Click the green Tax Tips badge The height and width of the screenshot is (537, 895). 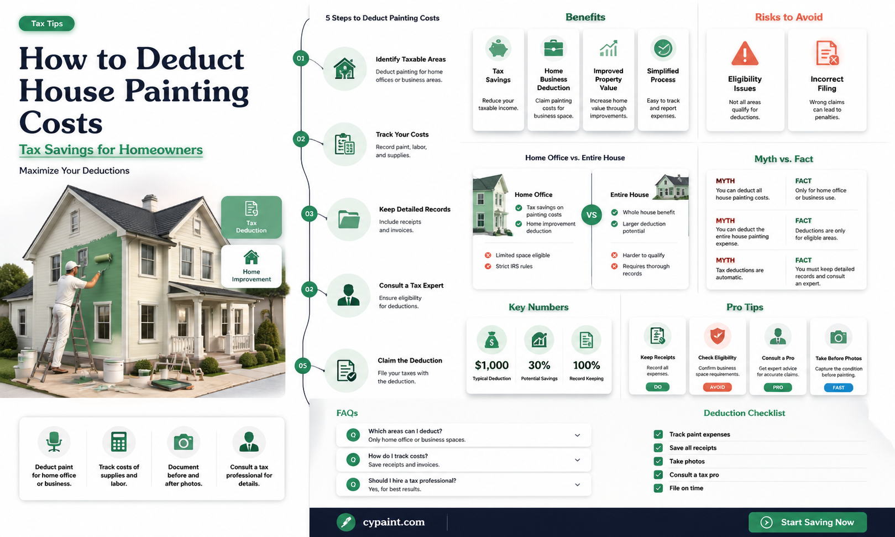47,24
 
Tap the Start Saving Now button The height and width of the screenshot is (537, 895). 808,522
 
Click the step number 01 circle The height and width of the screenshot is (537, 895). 301,59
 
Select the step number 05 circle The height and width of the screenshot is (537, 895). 302,366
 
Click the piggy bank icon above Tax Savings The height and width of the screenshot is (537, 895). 498,49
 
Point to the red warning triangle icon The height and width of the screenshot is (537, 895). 745,53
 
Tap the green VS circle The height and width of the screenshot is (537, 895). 592,215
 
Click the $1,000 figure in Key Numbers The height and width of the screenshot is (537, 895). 491,365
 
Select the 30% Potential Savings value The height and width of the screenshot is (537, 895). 539,365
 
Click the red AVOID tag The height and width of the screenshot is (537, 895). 717,387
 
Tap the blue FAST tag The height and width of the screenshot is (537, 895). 838,388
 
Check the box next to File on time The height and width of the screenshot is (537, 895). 658,488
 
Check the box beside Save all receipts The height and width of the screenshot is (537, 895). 658,448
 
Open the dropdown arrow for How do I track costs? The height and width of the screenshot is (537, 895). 577,460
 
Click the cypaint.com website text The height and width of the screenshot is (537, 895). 394,522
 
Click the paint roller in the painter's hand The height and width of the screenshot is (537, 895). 103,259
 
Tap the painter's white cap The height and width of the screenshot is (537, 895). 72,265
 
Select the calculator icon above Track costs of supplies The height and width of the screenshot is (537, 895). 119,442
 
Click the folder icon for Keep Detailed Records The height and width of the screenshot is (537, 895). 349,219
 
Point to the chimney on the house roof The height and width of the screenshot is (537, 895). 149,202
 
